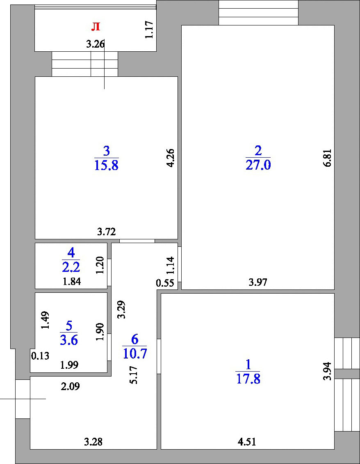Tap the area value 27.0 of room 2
coord(258,165)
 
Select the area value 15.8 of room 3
coord(107,165)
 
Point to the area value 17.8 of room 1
coord(248,379)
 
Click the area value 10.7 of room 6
coord(135,353)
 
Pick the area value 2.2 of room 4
coord(71,267)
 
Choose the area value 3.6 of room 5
coord(69,340)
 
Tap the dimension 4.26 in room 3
coord(170,158)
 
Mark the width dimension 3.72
coord(107,232)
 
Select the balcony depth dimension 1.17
coord(149,29)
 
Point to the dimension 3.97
coord(258,282)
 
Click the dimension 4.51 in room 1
coord(247,442)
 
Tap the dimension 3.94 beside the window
coord(328,371)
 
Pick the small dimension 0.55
coord(165,283)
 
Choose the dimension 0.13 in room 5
coord(40,356)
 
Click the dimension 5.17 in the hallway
coord(134,374)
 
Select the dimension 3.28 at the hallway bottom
coord(93,442)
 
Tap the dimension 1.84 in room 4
coord(72,281)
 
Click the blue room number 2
coord(258,151)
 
